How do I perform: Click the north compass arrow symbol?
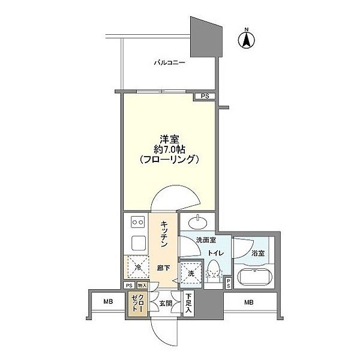point(245,40)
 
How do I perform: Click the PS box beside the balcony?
point(205,96)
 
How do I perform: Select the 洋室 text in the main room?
point(168,137)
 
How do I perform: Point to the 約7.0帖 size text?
point(168,149)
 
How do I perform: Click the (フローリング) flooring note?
point(168,160)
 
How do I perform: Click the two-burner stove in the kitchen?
point(136,221)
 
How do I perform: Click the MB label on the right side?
point(248,302)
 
